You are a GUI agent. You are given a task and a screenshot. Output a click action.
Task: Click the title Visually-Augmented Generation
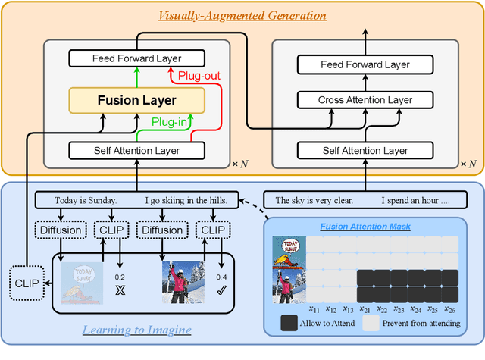(242, 15)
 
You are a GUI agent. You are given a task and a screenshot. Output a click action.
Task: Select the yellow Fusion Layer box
(136, 100)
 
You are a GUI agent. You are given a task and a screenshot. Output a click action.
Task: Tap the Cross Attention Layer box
(364, 100)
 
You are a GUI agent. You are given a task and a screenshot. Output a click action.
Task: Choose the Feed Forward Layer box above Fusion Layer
(136, 58)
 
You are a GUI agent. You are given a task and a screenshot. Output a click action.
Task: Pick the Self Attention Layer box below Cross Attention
(364, 151)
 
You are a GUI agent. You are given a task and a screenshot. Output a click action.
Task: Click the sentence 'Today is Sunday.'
(86, 202)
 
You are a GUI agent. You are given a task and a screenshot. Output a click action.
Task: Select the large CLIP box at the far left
(27, 283)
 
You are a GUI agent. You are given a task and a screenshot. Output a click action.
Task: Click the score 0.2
(120, 277)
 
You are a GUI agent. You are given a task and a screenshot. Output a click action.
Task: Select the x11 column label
(314, 308)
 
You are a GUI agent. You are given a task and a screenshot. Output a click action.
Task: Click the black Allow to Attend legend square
(289, 324)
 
